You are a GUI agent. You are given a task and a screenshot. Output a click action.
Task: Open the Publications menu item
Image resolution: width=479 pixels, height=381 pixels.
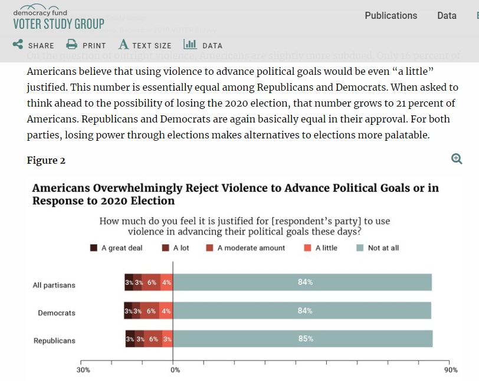point(391,16)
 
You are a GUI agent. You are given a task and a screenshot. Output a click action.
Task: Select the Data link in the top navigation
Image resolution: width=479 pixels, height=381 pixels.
point(447,16)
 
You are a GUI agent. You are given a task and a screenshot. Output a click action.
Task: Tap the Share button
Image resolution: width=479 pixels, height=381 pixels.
point(34,45)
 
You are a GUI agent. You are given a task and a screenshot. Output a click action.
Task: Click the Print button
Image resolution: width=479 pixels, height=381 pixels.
point(86,45)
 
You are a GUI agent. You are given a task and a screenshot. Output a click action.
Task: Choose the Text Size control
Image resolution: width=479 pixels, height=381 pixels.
point(145,45)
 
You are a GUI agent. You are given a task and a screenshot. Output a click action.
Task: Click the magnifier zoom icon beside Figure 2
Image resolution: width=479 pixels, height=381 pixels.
point(457,158)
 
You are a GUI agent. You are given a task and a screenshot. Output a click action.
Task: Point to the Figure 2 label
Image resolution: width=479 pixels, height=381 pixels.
point(46,161)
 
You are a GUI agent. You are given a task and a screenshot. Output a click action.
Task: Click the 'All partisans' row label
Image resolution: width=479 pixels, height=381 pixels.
point(54,286)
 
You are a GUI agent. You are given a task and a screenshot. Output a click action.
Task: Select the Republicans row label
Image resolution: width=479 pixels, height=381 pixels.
point(54,341)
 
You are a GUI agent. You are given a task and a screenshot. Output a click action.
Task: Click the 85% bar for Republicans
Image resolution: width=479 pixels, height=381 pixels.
point(303,339)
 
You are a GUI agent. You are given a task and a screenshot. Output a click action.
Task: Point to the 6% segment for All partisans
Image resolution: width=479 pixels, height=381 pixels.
point(152,283)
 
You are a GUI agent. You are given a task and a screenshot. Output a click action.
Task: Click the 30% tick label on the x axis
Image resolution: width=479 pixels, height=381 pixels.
point(83,370)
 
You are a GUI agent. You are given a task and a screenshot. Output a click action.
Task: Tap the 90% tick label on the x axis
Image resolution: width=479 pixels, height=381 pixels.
point(451,370)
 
